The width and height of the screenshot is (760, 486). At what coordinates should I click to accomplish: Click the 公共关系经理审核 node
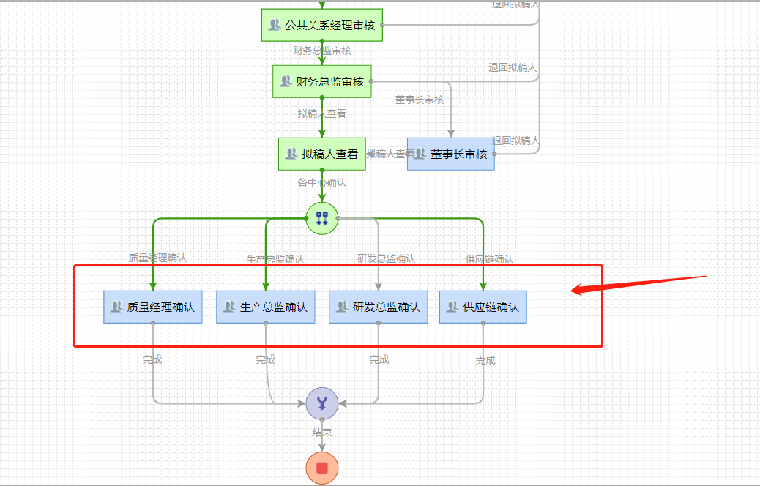point(322,25)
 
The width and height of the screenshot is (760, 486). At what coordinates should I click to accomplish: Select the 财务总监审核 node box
point(322,81)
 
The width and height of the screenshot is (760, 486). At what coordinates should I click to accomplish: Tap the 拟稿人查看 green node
point(322,154)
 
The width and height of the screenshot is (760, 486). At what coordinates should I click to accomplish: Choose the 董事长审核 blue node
point(451,154)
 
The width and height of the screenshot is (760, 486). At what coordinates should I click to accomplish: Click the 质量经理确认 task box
point(152,307)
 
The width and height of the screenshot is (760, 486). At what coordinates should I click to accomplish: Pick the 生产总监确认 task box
point(266,307)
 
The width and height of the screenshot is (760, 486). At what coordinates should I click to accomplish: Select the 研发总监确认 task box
point(379,307)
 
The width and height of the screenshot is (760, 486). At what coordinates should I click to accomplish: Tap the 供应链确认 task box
point(483,307)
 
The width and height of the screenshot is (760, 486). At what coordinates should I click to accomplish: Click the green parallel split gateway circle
point(322,218)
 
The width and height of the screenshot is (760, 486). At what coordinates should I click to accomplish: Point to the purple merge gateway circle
point(322,403)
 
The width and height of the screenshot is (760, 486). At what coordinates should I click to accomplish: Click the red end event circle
point(322,468)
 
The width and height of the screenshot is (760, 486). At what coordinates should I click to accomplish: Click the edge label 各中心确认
point(322,182)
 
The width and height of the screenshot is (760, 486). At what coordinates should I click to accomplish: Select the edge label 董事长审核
point(420,100)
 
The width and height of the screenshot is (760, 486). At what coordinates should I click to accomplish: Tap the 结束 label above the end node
point(322,433)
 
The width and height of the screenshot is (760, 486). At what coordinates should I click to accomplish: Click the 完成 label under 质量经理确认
point(152,359)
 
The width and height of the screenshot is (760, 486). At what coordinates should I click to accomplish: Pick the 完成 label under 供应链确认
point(485,361)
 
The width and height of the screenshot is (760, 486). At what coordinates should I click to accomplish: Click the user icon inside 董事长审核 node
point(420,154)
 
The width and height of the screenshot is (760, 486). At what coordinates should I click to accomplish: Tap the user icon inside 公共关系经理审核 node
point(275,25)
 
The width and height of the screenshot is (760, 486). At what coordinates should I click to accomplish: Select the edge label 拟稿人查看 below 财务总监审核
point(322,113)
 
